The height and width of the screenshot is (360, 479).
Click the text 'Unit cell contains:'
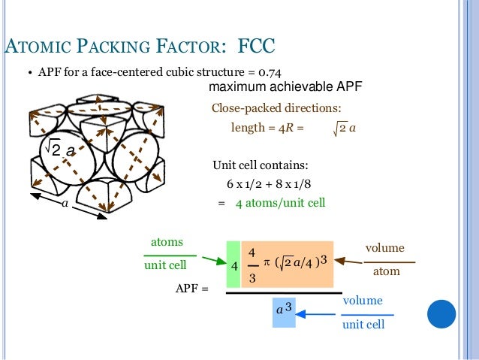[260, 165]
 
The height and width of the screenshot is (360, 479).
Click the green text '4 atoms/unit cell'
[281, 203]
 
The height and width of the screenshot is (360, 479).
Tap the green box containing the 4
[233, 265]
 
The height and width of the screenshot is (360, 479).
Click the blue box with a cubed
[282, 310]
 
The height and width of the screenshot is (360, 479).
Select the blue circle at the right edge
[442, 313]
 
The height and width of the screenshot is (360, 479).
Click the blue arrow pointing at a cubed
[318, 315]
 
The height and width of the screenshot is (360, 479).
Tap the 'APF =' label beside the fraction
[191, 288]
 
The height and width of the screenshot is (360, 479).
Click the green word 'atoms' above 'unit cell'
[167, 241]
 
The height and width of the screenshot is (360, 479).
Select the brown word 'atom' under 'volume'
[386, 271]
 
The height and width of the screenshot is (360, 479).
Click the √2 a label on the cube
[59, 150]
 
